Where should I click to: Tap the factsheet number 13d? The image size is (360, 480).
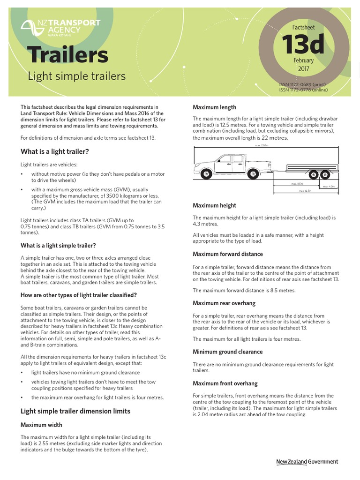click(x=303, y=45)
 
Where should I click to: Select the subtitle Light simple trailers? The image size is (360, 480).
click(x=77, y=76)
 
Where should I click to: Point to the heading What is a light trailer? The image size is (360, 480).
click(x=55, y=151)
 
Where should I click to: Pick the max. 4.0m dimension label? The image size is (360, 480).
click(x=328, y=187)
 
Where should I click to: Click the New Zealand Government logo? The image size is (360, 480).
click(x=307, y=462)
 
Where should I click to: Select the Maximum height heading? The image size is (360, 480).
click(x=214, y=205)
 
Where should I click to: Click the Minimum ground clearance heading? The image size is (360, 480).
click(x=227, y=352)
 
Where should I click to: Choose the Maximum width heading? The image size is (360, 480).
click(x=41, y=425)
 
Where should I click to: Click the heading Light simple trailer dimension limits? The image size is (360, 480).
click(x=75, y=411)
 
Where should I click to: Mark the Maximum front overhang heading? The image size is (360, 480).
click(x=225, y=383)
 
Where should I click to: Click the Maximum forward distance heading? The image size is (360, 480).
click(x=228, y=254)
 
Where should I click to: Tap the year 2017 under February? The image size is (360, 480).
click(x=304, y=69)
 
